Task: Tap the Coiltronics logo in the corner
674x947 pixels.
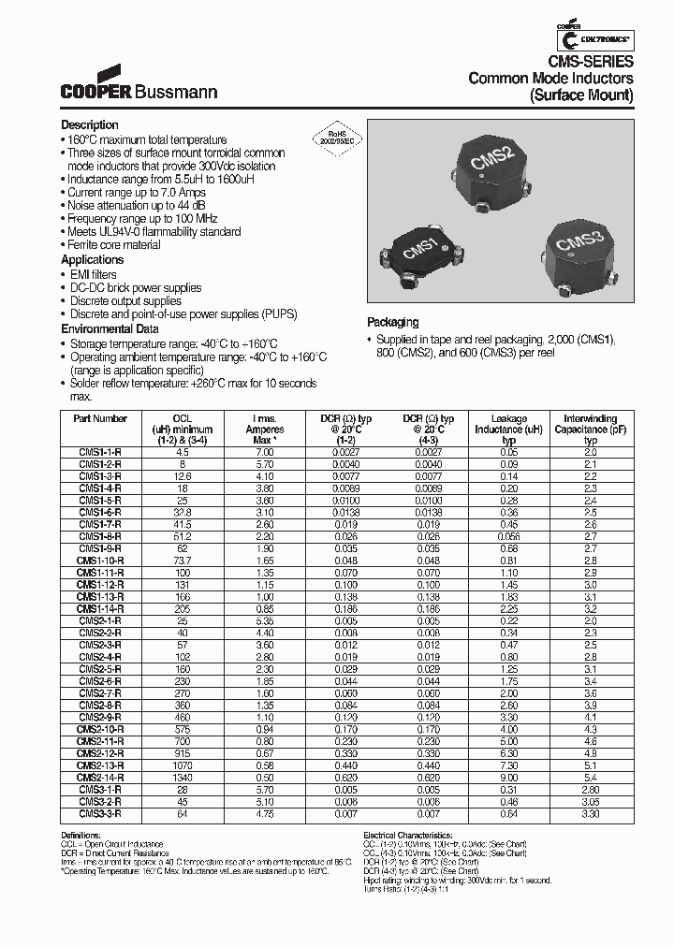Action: pos(595,38)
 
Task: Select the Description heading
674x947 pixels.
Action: pos(90,125)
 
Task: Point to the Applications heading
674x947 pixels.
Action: pos(92,259)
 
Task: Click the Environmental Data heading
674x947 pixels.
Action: pos(110,329)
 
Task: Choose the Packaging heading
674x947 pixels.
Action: pos(392,322)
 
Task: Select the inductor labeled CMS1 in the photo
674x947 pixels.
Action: pos(419,253)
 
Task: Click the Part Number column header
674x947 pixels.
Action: pos(100,419)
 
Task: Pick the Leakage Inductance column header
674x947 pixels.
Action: pos(509,429)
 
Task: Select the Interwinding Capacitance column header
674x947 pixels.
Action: pos(591,429)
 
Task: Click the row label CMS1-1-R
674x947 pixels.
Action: pos(100,451)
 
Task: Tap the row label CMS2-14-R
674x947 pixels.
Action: pos(100,778)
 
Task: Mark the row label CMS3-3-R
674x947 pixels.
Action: pos(100,814)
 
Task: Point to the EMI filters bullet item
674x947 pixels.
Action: pos(94,274)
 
